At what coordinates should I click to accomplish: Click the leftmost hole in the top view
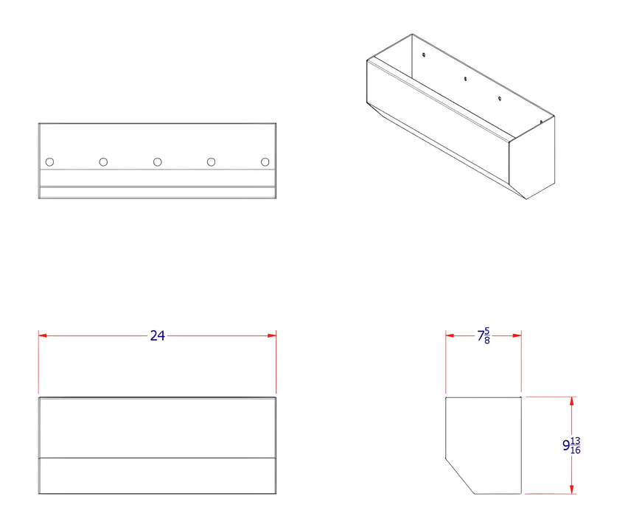pos(49,161)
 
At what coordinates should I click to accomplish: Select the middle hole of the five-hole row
pos(158,161)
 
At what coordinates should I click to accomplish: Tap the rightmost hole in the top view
pos(265,161)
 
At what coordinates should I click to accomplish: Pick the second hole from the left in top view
pos(103,161)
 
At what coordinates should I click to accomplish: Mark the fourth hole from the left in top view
pos(212,161)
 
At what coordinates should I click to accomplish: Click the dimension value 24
pos(157,335)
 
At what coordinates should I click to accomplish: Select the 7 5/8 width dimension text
pos(484,336)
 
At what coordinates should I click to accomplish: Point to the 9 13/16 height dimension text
pos(571,445)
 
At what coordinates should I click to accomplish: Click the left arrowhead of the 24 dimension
pos(43,335)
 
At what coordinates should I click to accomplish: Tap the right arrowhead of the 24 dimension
pos(272,335)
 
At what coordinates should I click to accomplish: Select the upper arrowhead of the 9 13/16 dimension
pos(571,401)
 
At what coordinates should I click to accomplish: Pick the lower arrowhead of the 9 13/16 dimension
pos(571,489)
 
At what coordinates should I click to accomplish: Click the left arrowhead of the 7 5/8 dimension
pos(450,335)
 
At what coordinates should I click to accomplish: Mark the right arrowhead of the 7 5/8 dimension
pos(517,335)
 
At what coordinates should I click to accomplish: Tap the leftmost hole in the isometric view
pos(424,54)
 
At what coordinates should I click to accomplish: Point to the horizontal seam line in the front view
pos(157,458)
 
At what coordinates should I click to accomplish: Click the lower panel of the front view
pos(157,475)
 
